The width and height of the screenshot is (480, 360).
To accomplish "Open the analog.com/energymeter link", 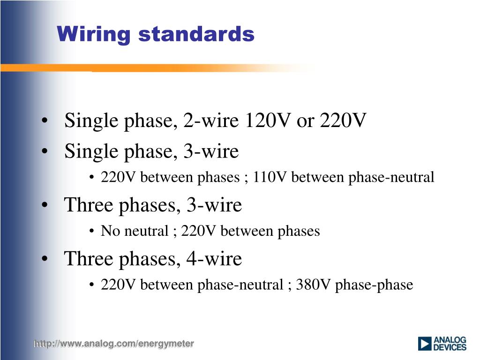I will (113, 344).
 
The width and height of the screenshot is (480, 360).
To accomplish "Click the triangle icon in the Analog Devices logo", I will (425, 344).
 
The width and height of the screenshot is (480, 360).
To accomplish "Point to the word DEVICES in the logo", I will (450, 347).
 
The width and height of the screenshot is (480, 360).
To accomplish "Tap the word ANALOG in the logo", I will (450, 340).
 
